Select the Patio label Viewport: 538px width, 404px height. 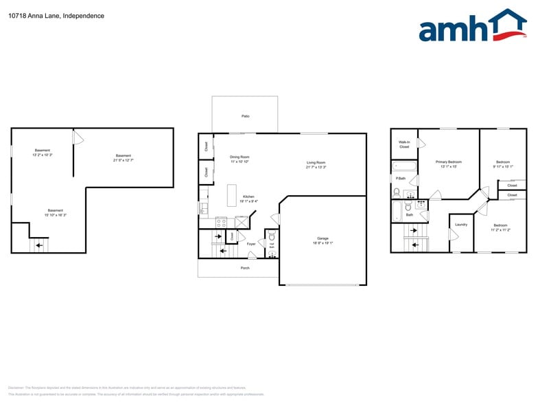(x=245, y=116)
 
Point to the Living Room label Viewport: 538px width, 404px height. (x=316, y=163)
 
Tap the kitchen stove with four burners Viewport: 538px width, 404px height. (x=222, y=222)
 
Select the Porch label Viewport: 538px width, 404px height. (x=245, y=268)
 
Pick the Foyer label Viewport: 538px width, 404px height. (x=251, y=243)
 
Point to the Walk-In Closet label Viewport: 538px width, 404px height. (x=404, y=144)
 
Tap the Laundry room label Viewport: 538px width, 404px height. (x=461, y=224)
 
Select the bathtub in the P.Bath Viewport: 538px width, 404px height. (x=404, y=166)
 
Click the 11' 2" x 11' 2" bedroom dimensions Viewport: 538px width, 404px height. (x=500, y=230)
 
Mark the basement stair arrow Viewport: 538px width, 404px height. (x=39, y=244)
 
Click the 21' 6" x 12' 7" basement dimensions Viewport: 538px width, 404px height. (x=123, y=160)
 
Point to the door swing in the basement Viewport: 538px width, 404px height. (x=78, y=139)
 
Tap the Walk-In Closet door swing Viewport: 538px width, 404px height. (x=422, y=144)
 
